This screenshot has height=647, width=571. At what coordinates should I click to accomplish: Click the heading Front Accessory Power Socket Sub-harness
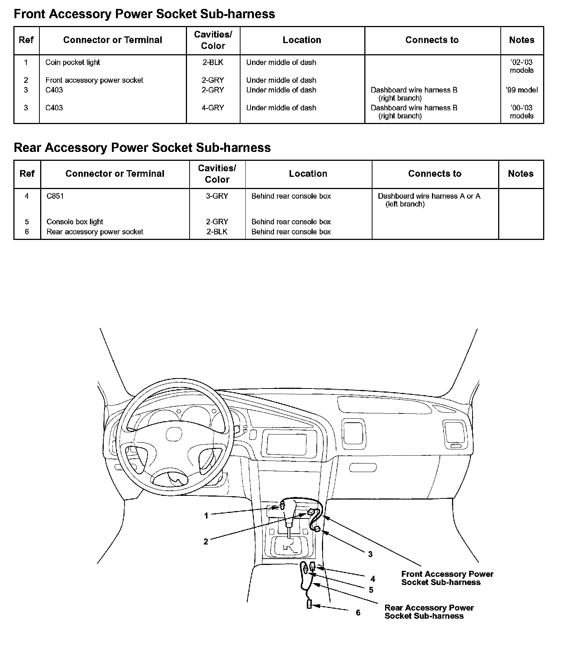[x=144, y=14]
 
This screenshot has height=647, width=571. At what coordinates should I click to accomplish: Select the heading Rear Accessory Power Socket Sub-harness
[x=142, y=148]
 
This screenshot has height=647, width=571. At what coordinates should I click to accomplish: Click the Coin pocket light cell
[x=72, y=62]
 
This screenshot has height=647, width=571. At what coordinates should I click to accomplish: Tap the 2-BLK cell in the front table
[x=213, y=62]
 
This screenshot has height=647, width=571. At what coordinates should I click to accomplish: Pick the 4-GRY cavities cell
[x=213, y=108]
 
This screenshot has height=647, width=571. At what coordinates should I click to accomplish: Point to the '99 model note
[x=522, y=90]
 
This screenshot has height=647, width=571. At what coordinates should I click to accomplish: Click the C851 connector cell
[x=55, y=196]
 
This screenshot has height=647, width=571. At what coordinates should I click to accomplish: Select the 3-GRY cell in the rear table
[x=217, y=196]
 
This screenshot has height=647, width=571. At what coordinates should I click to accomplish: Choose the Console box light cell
[x=75, y=222]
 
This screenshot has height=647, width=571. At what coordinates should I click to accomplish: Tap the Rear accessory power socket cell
[x=95, y=232]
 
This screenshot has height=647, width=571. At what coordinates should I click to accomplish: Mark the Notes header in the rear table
[x=520, y=174]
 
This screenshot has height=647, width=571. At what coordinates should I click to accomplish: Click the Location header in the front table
[x=302, y=40]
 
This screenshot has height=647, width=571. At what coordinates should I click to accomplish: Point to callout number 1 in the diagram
[x=206, y=516]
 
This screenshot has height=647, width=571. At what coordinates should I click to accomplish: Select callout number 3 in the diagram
[x=370, y=554]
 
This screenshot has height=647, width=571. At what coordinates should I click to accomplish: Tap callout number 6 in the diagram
[x=358, y=612]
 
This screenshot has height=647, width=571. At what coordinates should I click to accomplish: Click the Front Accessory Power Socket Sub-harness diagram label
[x=447, y=578]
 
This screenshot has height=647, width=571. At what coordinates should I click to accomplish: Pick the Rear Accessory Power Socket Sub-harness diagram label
[x=429, y=612]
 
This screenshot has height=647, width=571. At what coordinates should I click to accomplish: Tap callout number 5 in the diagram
[x=371, y=590]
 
